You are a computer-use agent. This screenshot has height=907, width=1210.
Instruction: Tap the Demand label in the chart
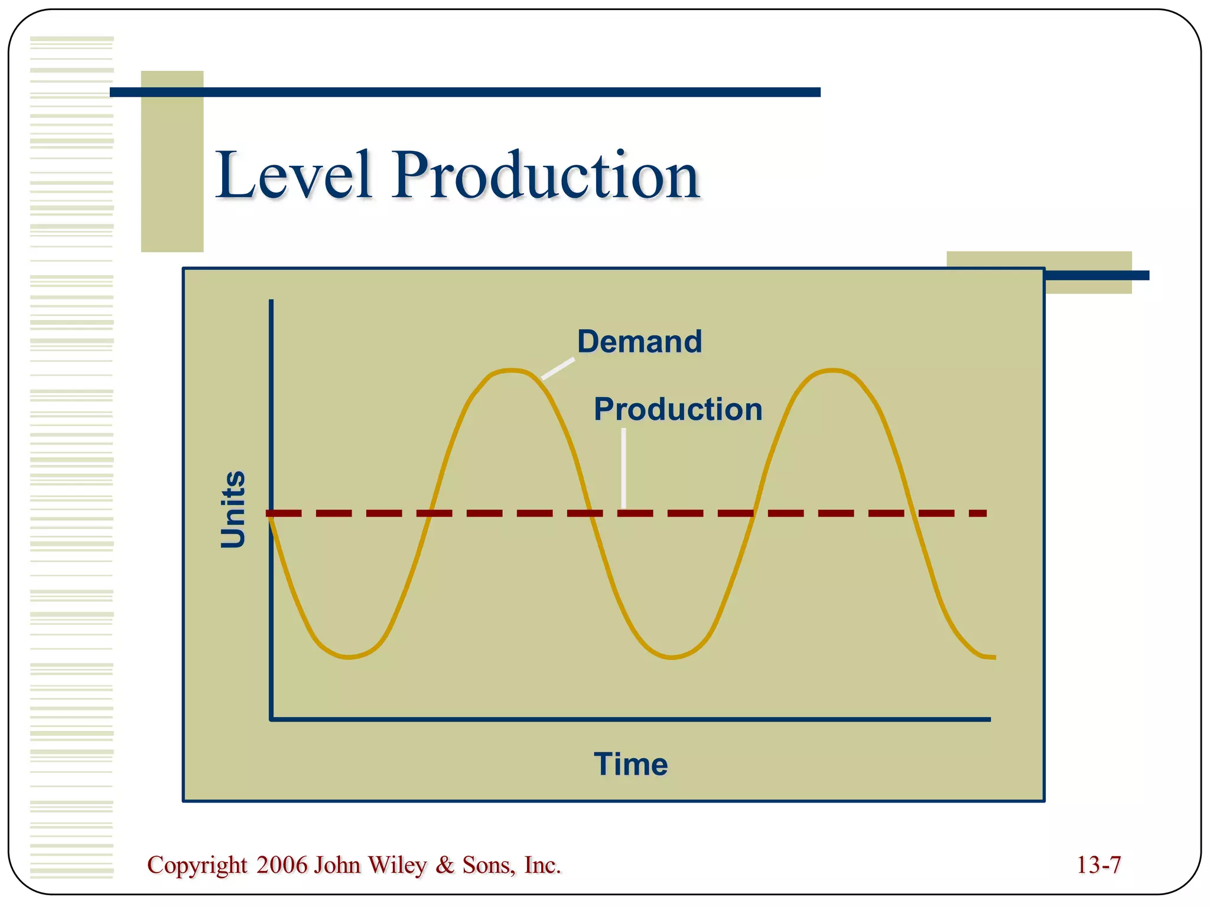639,341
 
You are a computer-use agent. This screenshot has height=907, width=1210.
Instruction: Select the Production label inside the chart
678,409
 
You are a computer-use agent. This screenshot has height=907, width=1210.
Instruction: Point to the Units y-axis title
233,509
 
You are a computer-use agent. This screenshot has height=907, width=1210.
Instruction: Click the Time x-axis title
630,764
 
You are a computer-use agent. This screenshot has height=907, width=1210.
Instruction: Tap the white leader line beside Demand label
558,368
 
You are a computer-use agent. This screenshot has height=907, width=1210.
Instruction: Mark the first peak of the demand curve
510,371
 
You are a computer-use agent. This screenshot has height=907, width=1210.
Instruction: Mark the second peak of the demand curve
832,371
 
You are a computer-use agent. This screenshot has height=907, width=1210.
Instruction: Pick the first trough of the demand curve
349,657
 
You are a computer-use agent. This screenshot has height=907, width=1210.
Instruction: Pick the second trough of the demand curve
672,657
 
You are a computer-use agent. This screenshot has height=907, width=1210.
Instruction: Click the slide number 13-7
1098,865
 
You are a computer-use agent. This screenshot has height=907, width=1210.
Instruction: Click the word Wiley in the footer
396,865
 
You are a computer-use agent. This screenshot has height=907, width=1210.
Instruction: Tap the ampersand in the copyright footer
444,865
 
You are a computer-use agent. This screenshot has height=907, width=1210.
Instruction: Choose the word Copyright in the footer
197,865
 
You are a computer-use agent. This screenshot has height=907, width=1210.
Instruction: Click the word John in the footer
337,865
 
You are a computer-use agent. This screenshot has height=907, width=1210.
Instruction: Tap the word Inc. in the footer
542,865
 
